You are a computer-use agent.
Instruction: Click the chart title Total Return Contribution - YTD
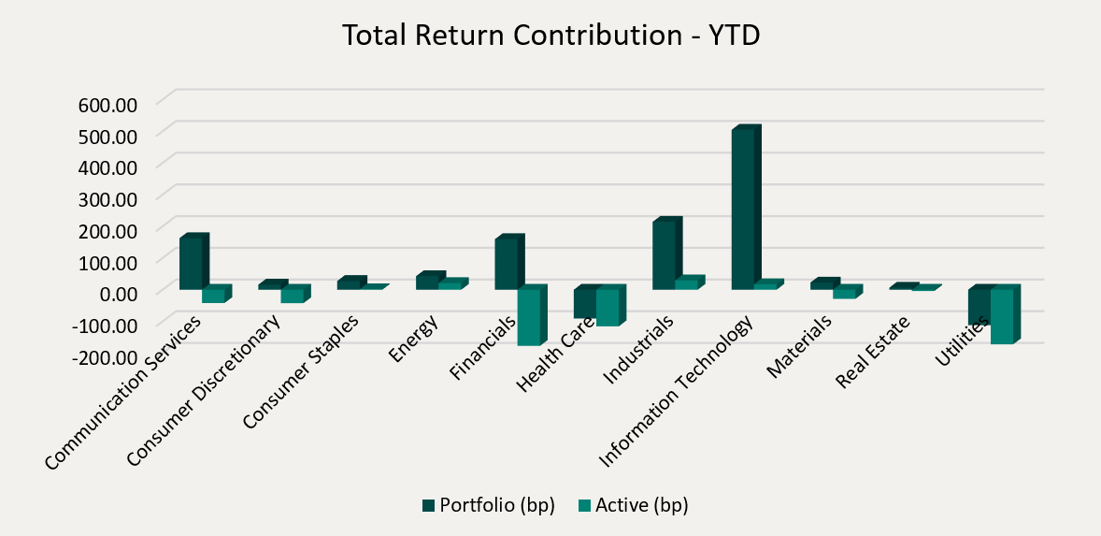tap(550, 35)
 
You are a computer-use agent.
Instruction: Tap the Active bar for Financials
tap(529, 317)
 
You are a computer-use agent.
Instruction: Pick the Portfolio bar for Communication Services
tap(192, 263)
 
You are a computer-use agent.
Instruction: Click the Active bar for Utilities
tap(1002, 315)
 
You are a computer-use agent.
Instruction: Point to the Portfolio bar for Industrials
tap(665, 254)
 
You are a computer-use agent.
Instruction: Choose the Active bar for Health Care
tap(608, 307)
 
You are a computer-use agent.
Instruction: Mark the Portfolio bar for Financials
tap(507, 264)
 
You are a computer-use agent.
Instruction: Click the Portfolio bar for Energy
tap(426, 282)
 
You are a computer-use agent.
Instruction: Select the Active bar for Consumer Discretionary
tap(293, 295)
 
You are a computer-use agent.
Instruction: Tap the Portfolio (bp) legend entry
tap(488, 505)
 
